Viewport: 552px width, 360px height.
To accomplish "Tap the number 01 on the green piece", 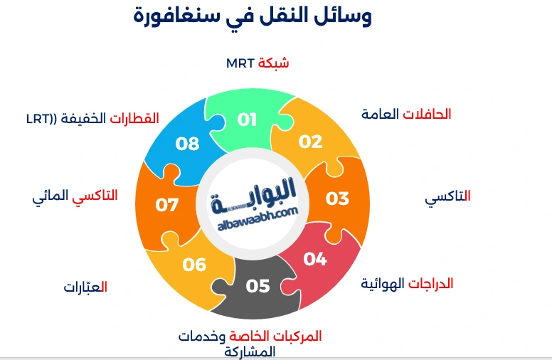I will tap(247, 119).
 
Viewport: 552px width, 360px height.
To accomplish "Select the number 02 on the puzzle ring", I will tap(310, 141).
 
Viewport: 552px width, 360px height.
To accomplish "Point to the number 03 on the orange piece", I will tap(337, 198).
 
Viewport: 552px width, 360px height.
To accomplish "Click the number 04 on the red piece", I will tap(314, 258).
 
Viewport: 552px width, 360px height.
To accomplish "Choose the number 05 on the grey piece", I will tap(258, 286).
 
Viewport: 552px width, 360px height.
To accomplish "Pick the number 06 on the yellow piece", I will tap(194, 265).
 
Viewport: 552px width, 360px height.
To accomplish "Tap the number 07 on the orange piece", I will tap(167, 205).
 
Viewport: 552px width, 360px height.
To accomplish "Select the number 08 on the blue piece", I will tap(188, 144).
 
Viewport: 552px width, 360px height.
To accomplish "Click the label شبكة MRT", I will tap(258, 63).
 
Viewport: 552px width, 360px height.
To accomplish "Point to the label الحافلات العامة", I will tap(406, 114).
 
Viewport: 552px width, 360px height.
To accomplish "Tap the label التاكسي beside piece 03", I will tap(448, 197).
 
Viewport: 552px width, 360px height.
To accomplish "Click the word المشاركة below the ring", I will tap(249, 351).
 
